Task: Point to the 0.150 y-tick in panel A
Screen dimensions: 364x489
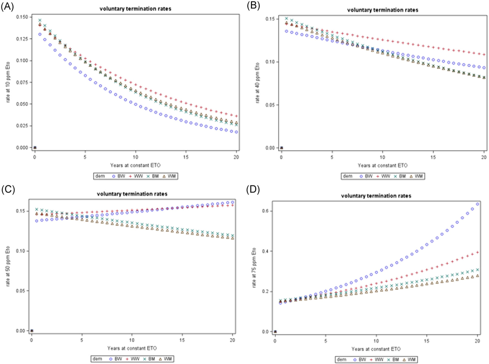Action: [x=20, y=17]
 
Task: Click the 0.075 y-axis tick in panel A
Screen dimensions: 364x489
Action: [x=20, y=82]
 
